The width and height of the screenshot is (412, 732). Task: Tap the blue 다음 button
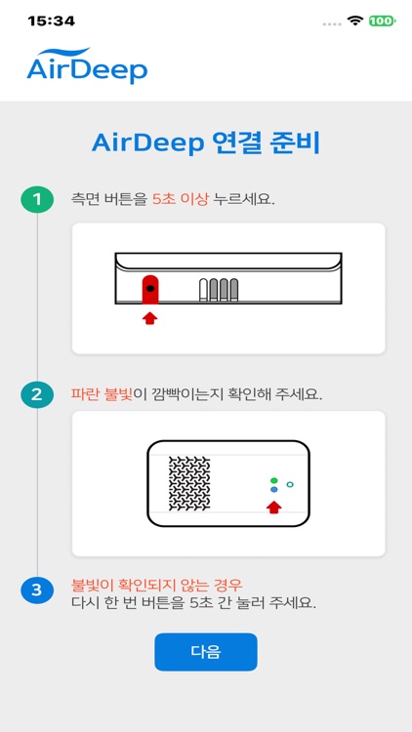tap(205, 652)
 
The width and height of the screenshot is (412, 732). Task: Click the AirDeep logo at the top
tap(87, 66)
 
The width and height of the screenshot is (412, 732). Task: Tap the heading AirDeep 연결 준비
tap(206, 143)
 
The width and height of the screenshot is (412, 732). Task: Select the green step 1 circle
tap(37, 199)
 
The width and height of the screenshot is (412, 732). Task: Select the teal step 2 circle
tap(37, 395)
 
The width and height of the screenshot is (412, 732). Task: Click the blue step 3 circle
tap(37, 590)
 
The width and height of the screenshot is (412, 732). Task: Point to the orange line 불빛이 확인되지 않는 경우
tap(156, 584)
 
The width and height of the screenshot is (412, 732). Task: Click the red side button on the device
tap(150, 289)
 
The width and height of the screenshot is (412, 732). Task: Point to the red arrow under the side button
tap(150, 317)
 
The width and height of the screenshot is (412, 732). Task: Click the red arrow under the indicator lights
tap(274, 506)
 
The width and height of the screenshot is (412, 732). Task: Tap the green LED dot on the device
tap(274, 480)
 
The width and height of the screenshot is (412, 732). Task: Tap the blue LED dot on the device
tap(274, 490)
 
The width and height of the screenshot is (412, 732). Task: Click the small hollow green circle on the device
tap(290, 484)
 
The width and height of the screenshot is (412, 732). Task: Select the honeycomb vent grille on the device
tap(189, 484)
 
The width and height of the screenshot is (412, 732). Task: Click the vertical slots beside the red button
tap(219, 290)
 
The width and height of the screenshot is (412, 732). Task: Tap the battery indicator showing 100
tap(382, 20)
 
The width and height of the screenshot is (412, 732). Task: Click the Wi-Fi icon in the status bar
tap(355, 20)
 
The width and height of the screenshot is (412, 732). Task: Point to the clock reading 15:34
tap(45, 20)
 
